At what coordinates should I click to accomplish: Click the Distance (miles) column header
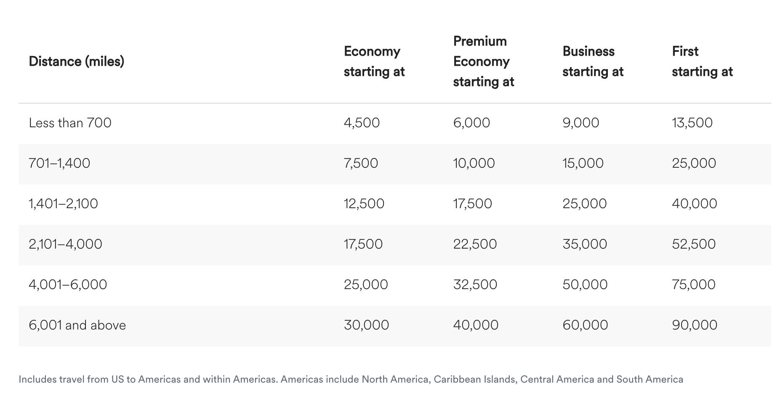[x=77, y=62]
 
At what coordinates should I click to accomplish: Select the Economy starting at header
[x=374, y=62]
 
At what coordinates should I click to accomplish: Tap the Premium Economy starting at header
[x=483, y=62]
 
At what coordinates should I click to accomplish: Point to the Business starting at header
[x=593, y=62]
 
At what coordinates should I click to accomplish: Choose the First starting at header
[x=702, y=62]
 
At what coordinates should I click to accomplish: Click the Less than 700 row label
[x=70, y=123]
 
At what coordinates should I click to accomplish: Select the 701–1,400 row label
[x=59, y=163]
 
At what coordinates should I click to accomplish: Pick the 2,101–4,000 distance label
[x=65, y=244]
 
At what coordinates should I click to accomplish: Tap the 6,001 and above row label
[x=77, y=325]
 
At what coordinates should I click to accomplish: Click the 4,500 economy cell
[x=362, y=123]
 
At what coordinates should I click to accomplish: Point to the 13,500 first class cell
[x=692, y=123]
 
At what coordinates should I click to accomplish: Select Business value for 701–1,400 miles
[x=583, y=163]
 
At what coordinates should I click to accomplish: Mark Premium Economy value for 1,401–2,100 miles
[x=472, y=204]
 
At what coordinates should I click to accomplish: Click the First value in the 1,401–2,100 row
[x=694, y=204]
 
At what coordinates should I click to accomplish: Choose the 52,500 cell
[x=693, y=244]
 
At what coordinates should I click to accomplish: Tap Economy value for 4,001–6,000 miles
[x=366, y=284]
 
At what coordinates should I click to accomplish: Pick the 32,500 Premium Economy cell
[x=475, y=284]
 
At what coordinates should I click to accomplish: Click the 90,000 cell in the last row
[x=694, y=325]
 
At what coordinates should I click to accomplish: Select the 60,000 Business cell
[x=585, y=325]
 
